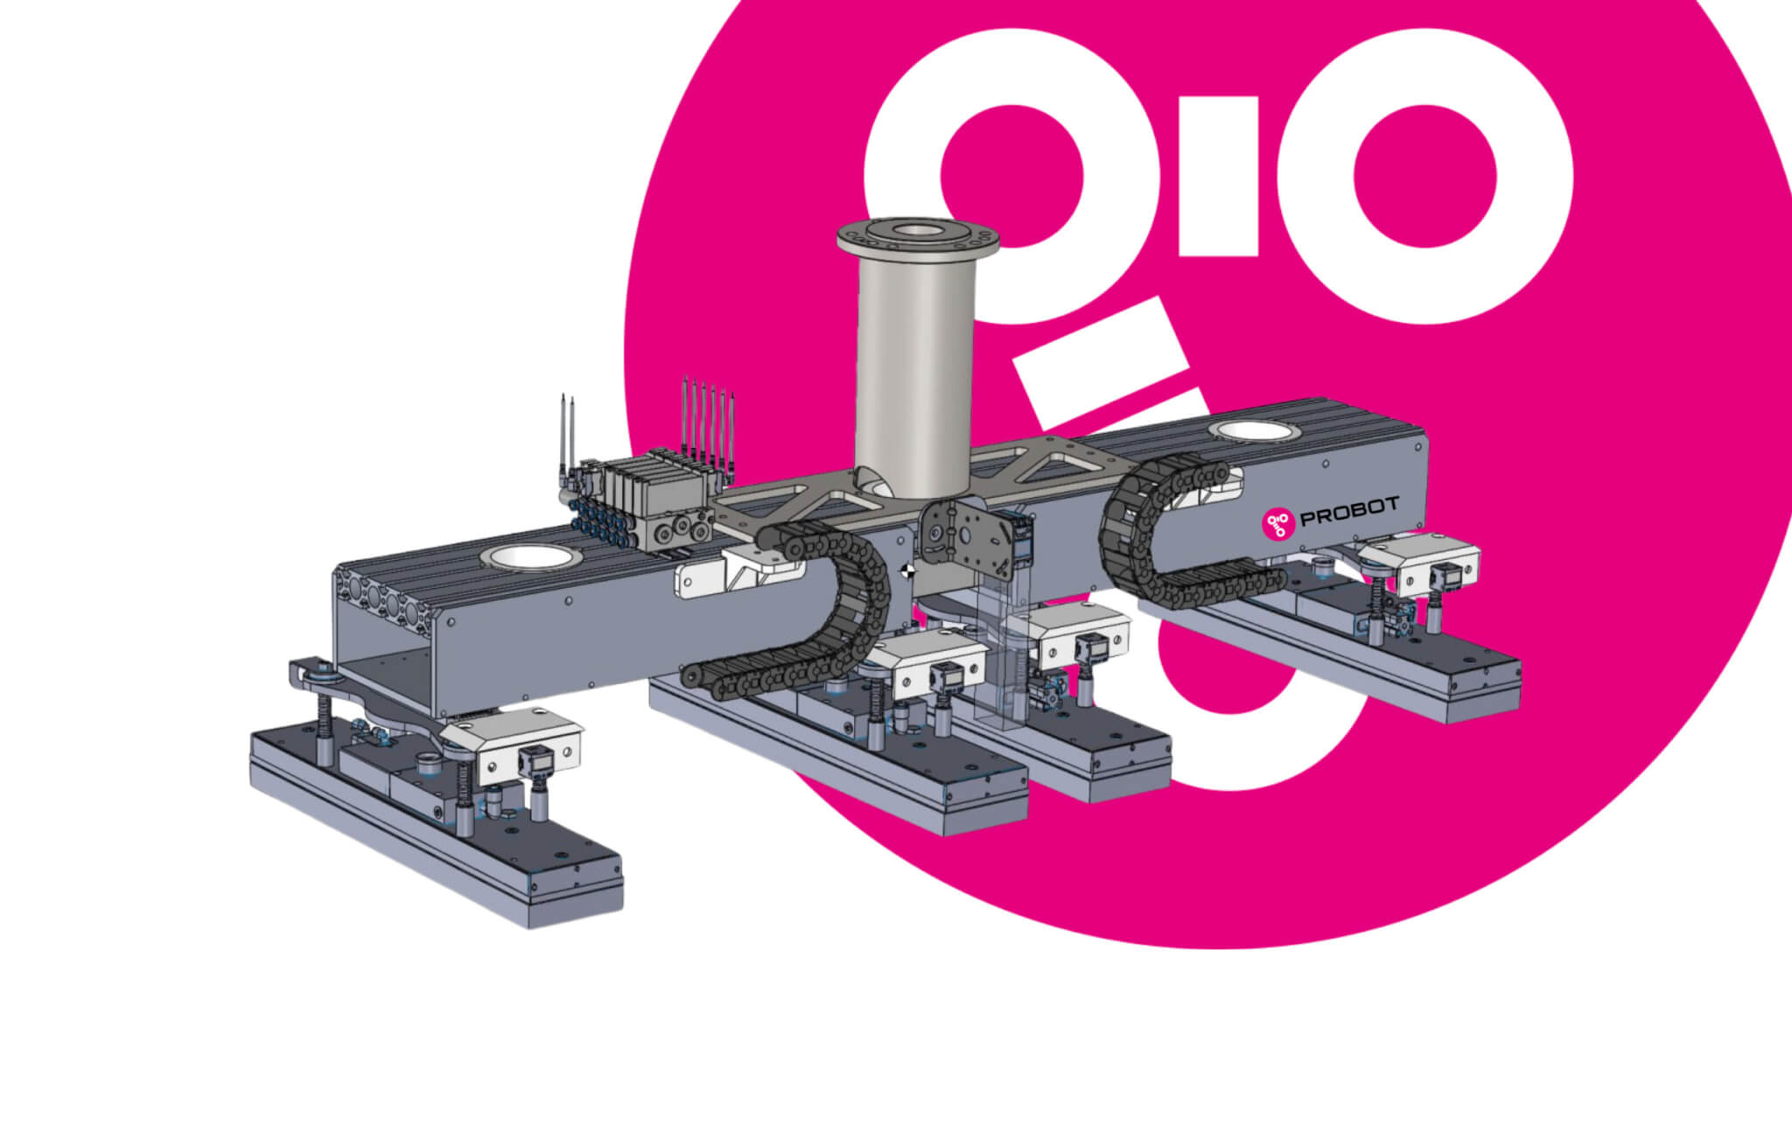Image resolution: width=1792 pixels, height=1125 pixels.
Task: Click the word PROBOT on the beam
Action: click(1349, 511)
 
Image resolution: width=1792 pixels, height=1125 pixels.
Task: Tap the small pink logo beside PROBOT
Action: click(1277, 523)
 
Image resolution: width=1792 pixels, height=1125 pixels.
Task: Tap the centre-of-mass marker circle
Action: click(907, 572)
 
